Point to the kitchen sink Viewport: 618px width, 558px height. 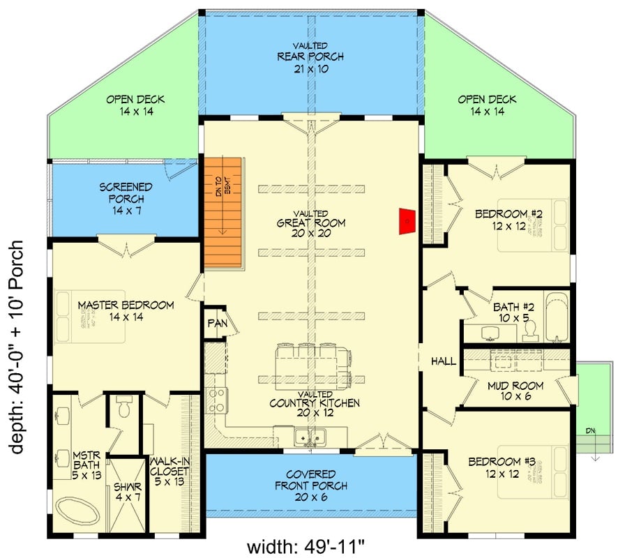tap(311, 437)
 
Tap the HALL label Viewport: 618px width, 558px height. tap(443, 361)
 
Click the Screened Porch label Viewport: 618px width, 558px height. tap(126, 198)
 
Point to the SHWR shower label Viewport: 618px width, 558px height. tap(128, 492)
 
